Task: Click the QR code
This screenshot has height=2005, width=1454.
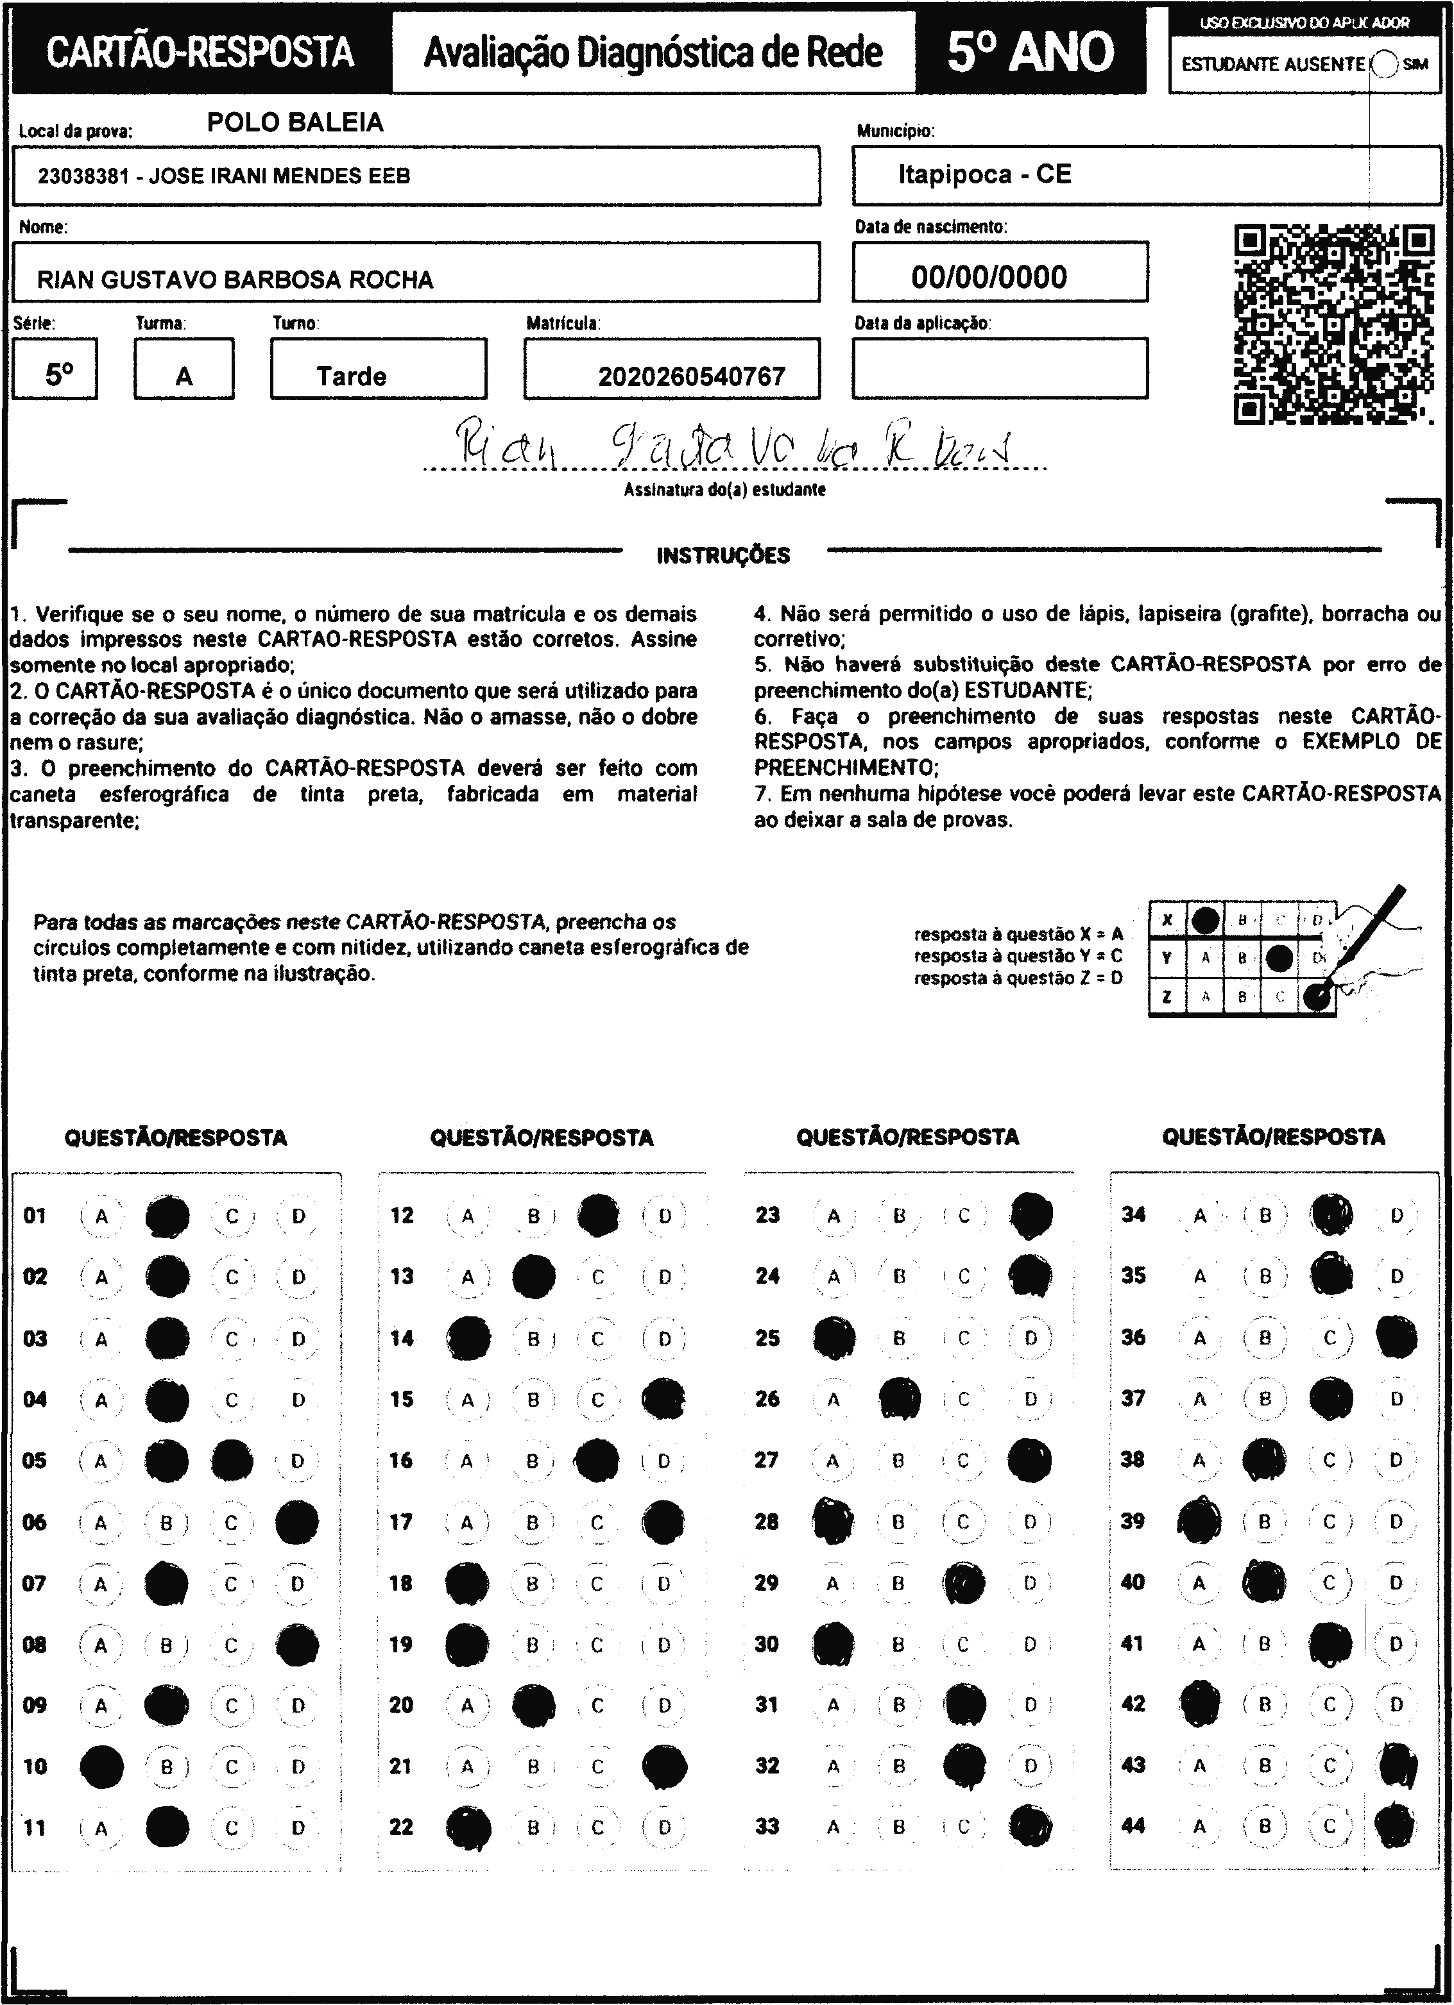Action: click(1333, 324)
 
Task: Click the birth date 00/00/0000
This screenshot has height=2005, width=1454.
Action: click(989, 277)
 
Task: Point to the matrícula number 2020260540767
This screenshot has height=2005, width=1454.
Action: click(692, 376)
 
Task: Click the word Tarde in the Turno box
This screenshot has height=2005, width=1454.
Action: click(351, 376)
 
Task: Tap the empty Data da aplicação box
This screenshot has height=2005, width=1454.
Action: click(1000, 368)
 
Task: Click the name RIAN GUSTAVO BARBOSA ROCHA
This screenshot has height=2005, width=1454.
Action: click(235, 280)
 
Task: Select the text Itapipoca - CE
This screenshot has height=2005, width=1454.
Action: click(984, 174)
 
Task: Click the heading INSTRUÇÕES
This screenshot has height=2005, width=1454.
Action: click(723, 555)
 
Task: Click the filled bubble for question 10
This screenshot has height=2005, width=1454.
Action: click(102, 1766)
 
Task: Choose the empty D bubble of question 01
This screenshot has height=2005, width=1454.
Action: click(298, 1216)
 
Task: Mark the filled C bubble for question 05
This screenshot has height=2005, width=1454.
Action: click(232, 1461)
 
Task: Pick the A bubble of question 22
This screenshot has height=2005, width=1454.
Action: click(468, 1827)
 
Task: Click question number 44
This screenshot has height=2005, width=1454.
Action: click(1133, 1825)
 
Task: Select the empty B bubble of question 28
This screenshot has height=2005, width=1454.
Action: click(898, 1522)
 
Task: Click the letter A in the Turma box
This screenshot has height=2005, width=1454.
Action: click(184, 376)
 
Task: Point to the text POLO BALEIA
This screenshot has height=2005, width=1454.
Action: click(295, 122)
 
